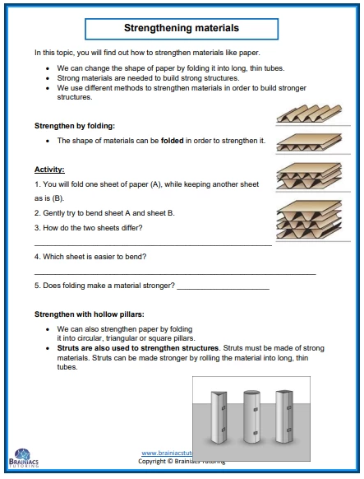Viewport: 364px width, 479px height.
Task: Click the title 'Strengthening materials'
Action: tap(182, 28)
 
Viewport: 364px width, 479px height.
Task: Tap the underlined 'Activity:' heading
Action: tap(49, 170)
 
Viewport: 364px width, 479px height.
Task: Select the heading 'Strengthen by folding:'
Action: tap(75, 126)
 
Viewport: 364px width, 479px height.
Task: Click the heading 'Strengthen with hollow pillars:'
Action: tap(90, 314)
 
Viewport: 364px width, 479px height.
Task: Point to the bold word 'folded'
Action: tap(173, 141)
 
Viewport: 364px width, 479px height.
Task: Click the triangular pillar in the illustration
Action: tap(219, 417)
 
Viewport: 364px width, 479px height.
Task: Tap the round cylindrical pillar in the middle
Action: tap(251, 416)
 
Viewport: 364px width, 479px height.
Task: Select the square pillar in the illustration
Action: tap(285, 416)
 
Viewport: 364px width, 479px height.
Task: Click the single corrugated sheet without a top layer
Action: tap(309, 114)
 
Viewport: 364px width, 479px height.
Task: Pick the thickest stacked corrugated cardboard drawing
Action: tap(309, 220)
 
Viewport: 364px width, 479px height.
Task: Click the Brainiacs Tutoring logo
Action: tap(24, 458)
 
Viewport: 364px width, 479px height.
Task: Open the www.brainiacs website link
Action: tap(167, 453)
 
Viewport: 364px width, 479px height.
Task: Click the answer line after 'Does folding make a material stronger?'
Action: tap(223, 289)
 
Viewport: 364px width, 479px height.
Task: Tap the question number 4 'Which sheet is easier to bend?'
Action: tap(90, 257)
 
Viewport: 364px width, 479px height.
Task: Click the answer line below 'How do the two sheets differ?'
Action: tap(153, 245)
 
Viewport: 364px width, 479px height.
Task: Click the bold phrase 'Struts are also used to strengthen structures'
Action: tap(138, 348)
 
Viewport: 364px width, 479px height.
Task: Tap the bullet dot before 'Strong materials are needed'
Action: tap(48, 78)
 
